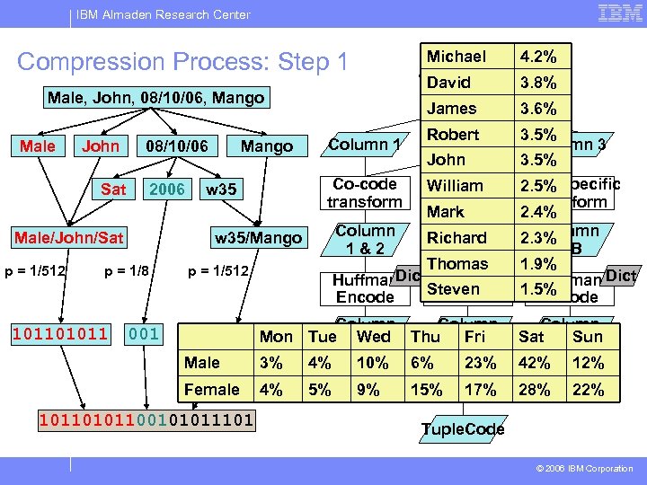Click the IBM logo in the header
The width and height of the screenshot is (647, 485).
pos(619,13)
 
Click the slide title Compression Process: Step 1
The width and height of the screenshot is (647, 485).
pos(182,62)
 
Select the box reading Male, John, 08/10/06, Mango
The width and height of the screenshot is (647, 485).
pos(155,97)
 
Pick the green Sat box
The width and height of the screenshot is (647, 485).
pos(113,189)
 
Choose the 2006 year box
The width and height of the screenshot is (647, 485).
pos(166,189)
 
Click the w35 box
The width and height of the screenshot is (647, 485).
pos(221,189)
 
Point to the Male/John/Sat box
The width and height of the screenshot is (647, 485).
pos(68,237)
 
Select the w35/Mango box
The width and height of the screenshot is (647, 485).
pos(257,237)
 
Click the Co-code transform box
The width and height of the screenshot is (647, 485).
pos(365,193)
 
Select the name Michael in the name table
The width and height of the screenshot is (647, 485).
pos(456,57)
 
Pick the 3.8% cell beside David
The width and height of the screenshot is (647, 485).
pos(537,83)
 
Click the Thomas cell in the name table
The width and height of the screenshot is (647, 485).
pos(457,263)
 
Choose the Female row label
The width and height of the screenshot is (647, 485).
pos(212,389)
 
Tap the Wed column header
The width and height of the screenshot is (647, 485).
pos(374,337)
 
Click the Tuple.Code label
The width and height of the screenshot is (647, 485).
pos(463,429)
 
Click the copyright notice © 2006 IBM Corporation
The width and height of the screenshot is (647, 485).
pos(584,468)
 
